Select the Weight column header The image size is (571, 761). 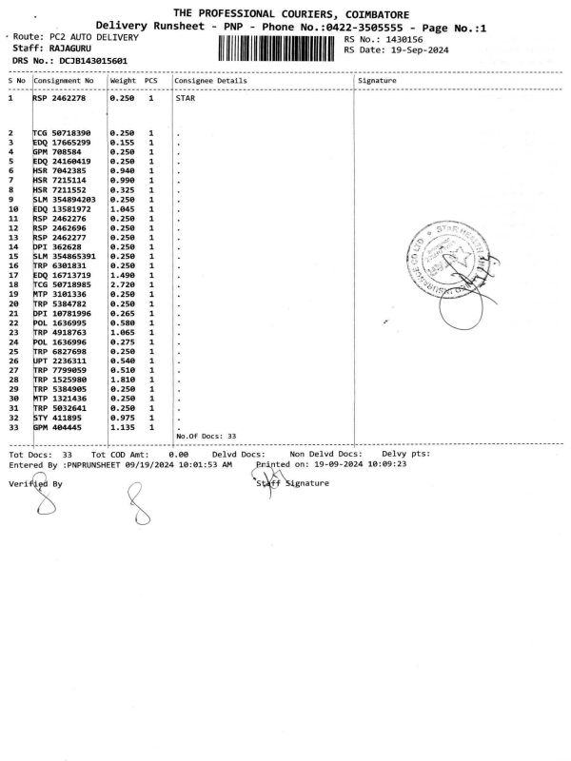(123, 81)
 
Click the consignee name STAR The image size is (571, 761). (187, 98)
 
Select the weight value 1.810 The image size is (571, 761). (122, 380)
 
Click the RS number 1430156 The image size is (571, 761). (404, 40)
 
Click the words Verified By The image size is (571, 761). (35, 484)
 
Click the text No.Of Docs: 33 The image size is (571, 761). (207, 436)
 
